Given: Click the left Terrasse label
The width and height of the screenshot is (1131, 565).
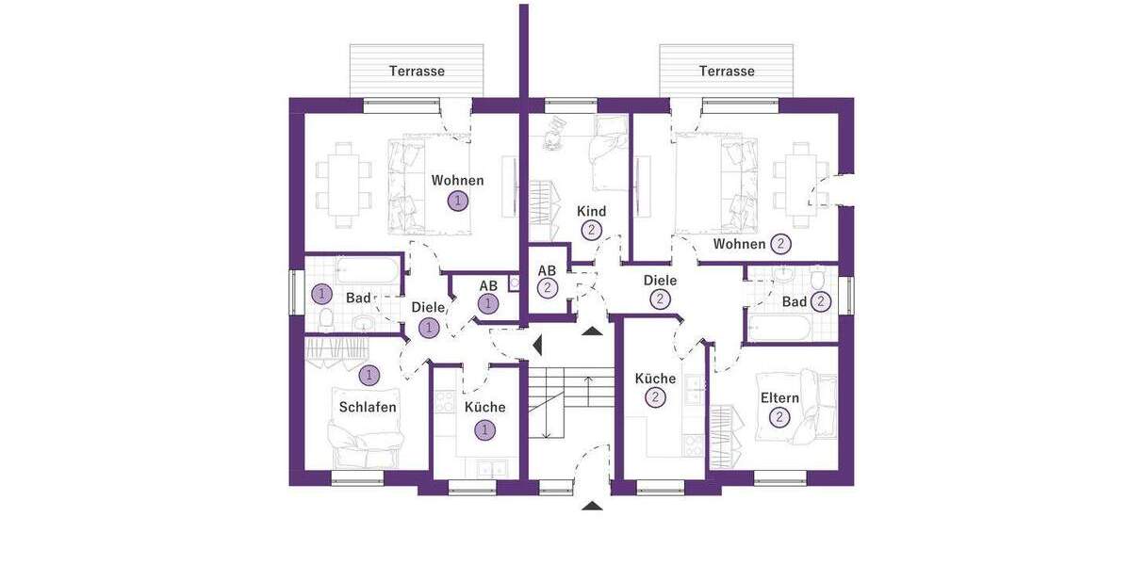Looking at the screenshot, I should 417,72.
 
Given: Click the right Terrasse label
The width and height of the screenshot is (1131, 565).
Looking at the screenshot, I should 726,72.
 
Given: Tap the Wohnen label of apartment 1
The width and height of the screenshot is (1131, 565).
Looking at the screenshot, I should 457,181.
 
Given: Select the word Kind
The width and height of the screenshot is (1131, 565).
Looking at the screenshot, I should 591,211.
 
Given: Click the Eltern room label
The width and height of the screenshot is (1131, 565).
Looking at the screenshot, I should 779,398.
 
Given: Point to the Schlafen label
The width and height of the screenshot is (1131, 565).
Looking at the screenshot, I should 368,408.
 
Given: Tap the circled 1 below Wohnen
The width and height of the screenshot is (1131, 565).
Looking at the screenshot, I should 458,201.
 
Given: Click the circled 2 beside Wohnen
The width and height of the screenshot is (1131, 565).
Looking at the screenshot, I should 780,244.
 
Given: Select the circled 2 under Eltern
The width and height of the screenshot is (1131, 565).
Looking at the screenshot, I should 779,417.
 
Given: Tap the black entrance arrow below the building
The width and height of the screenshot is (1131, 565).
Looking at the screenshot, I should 592,507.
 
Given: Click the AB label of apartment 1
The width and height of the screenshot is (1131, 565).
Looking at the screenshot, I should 488,286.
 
